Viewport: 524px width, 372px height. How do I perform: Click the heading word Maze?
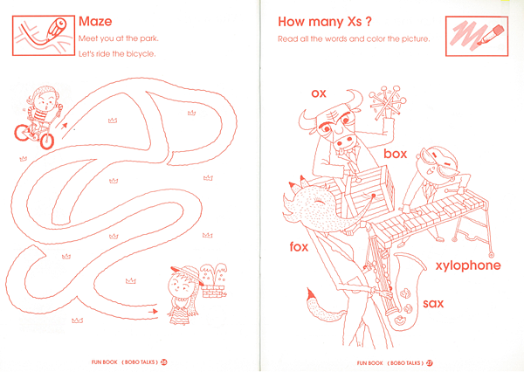95,21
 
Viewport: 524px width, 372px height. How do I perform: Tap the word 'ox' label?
319,93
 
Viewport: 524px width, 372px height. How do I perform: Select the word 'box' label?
396,154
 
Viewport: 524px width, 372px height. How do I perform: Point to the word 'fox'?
299,246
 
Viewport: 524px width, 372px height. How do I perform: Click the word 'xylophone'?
468,265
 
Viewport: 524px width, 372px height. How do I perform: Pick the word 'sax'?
433,304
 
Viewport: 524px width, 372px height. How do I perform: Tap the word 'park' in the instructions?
148,38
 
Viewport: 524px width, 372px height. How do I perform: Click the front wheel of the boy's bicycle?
47,141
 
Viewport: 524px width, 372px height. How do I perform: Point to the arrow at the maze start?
64,126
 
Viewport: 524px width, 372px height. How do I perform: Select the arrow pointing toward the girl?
153,312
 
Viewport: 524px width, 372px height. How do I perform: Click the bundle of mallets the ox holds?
388,103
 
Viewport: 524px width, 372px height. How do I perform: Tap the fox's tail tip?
311,295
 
